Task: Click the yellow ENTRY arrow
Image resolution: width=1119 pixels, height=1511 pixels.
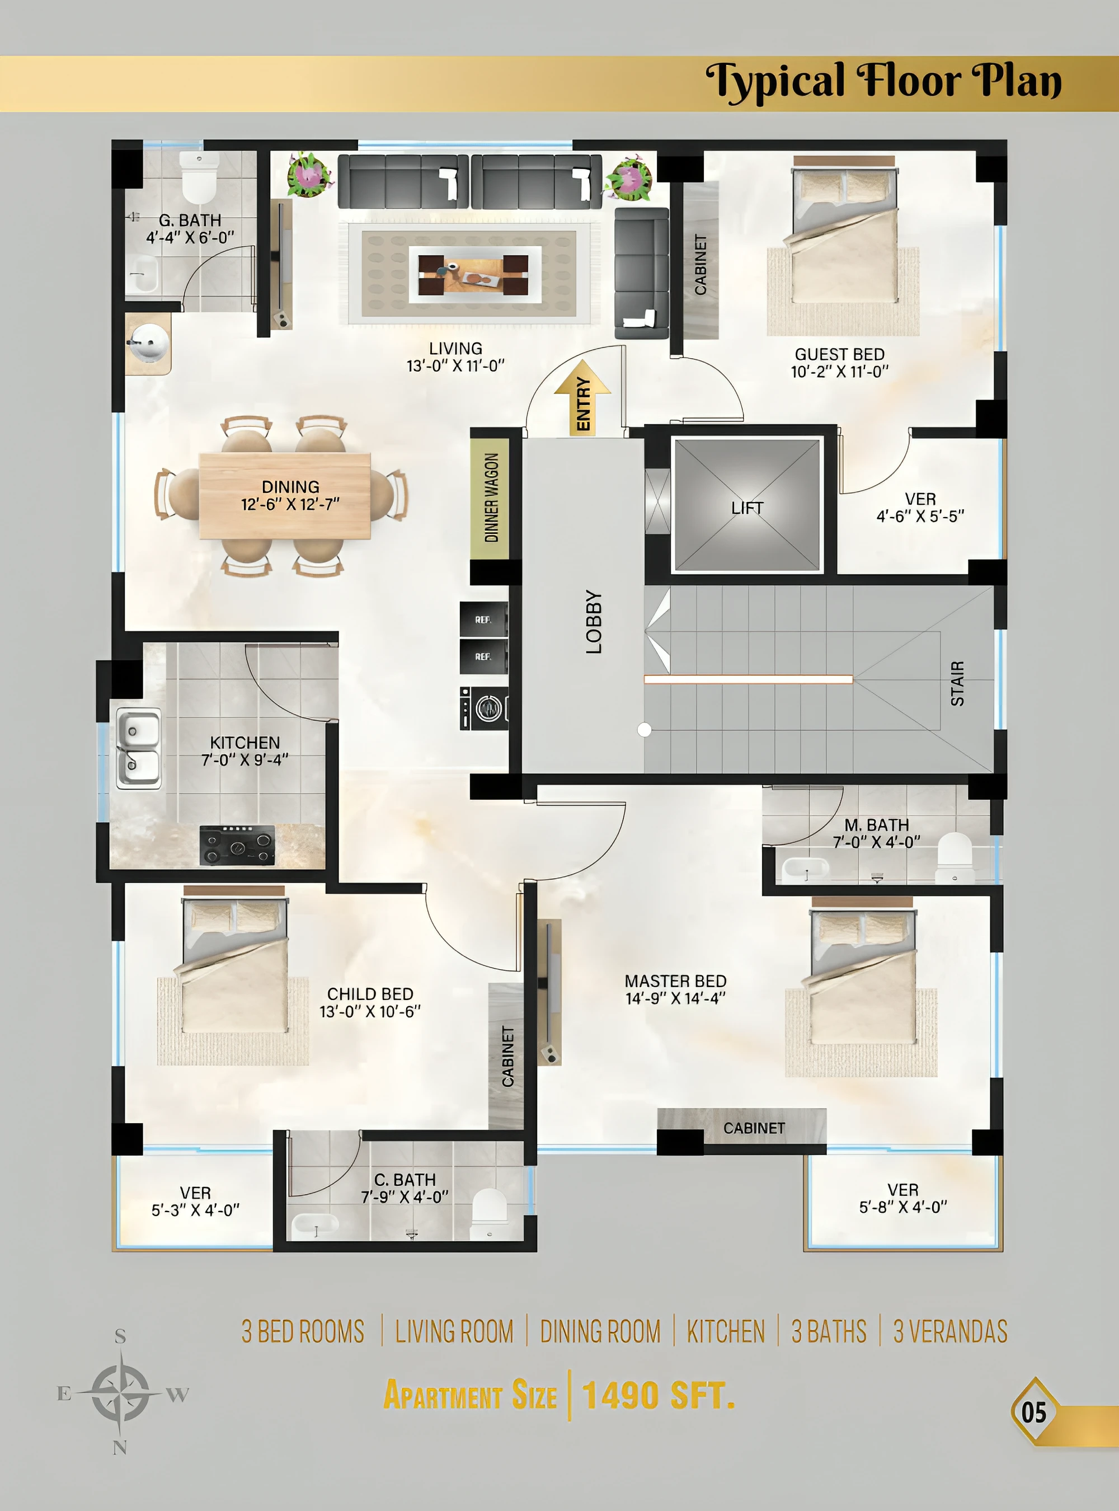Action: click(x=582, y=398)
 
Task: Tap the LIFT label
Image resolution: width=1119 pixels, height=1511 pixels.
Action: click(x=747, y=508)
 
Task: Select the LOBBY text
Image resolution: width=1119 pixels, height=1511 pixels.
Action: click(x=594, y=621)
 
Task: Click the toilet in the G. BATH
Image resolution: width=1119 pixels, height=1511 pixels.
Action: click(x=199, y=176)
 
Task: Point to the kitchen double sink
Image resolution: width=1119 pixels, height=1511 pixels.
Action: click(x=139, y=748)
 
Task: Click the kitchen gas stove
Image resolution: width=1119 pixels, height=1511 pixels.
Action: click(x=237, y=845)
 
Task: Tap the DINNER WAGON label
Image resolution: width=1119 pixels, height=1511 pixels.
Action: click(x=492, y=498)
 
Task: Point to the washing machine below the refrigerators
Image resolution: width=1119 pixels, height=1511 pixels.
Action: click(x=483, y=708)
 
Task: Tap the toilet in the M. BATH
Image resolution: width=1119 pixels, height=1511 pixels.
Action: click(x=954, y=858)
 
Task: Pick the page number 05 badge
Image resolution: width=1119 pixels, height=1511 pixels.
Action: click(x=1033, y=1412)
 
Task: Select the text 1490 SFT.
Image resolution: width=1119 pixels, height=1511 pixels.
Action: click(x=659, y=1395)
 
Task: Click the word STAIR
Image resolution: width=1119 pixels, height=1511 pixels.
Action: click(x=957, y=684)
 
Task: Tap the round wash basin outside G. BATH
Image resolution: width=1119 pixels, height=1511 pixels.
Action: click(x=148, y=342)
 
